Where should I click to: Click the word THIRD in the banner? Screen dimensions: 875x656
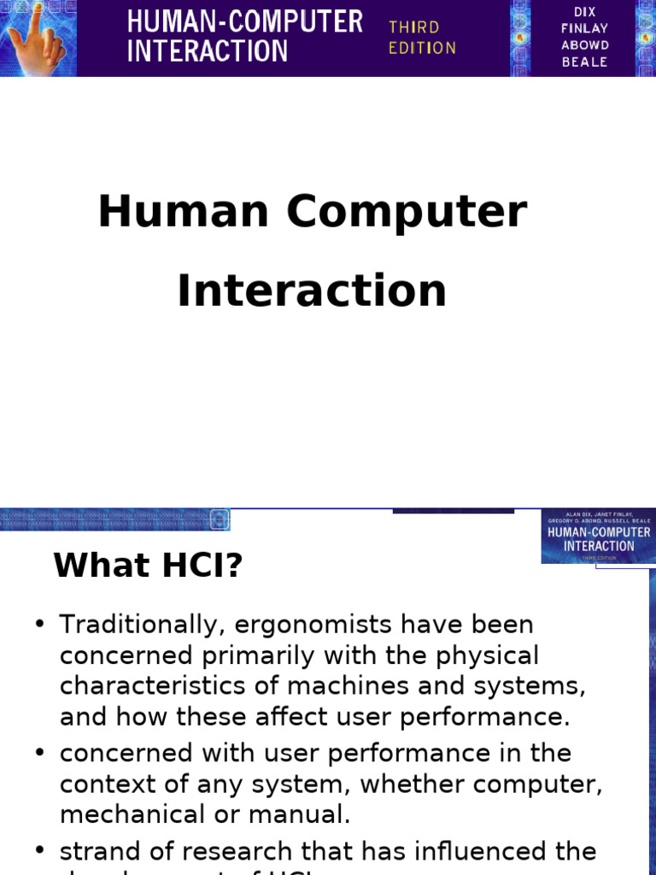tap(413, 27)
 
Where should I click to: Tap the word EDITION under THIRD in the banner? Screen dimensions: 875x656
tap(422, 48)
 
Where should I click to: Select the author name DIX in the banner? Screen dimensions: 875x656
tap(584, 11)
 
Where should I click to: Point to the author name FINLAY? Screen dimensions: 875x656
tap(584, 28)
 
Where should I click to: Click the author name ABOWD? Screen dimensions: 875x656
tap(584, 45)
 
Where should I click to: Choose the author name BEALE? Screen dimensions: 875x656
tap(584, 62)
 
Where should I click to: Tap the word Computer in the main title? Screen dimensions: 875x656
tap(407, 212)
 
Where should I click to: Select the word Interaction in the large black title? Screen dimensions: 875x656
tap(312, 291)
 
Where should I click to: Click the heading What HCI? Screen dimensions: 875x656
tap(149, 565)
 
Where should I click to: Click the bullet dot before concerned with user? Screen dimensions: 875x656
tap(39, 753)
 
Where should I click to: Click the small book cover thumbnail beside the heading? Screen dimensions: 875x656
tap(598, 537)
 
